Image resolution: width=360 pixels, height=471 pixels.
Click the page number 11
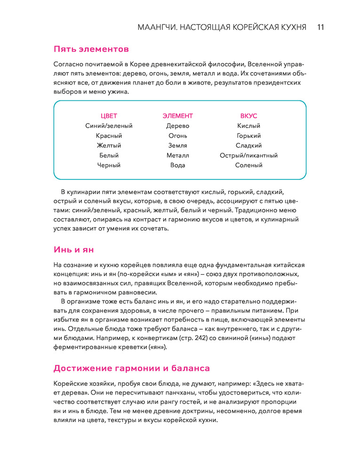point(320,26)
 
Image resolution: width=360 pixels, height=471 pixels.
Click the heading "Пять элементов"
point(91,49)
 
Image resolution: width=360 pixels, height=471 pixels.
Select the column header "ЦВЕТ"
point(109,116)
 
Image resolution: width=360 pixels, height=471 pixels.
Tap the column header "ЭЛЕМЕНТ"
point(177,116)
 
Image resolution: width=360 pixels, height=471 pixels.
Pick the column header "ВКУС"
point(248,116)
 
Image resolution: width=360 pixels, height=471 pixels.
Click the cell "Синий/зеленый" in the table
point(109,126)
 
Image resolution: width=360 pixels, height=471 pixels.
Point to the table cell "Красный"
point(109,136)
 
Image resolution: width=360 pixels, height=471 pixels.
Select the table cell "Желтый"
point(109,146)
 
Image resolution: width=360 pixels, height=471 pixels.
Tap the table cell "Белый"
point(109,155)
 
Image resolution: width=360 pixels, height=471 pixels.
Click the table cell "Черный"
point(109,165)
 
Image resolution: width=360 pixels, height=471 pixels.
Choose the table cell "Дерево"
point(177,126)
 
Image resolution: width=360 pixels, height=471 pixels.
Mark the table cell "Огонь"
point(177,136)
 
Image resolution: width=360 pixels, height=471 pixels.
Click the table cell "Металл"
point(177,155)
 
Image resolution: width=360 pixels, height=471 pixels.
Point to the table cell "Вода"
point(177,165)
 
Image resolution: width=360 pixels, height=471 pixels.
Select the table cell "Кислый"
point(248,126)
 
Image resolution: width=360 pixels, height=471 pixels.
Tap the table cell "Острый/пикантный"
point(248,155)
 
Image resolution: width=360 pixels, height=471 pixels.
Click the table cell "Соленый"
point(248,165)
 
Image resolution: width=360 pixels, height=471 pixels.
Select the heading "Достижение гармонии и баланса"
point(131,368)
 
